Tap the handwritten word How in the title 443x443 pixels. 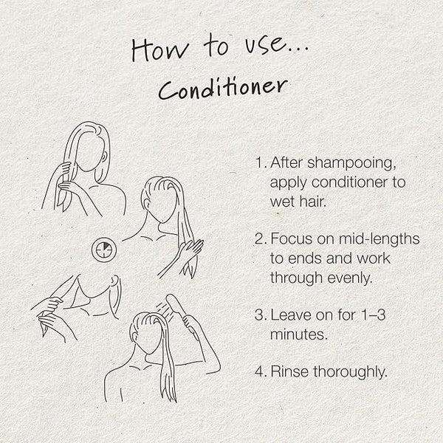tap(160, 50)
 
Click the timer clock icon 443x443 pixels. tap(104, 250)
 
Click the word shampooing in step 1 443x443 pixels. tap(351, 163)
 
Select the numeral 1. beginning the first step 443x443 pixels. tap(261, 162)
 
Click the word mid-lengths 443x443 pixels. tap(379, 238)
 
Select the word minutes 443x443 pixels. tap(298, 334)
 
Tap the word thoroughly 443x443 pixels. tap(350, 372)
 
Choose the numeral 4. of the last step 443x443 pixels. tap(261, 371)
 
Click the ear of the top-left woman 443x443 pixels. tap(104, 157)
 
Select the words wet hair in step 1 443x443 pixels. tap(298, 202)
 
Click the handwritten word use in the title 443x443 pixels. tap(264, 46)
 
